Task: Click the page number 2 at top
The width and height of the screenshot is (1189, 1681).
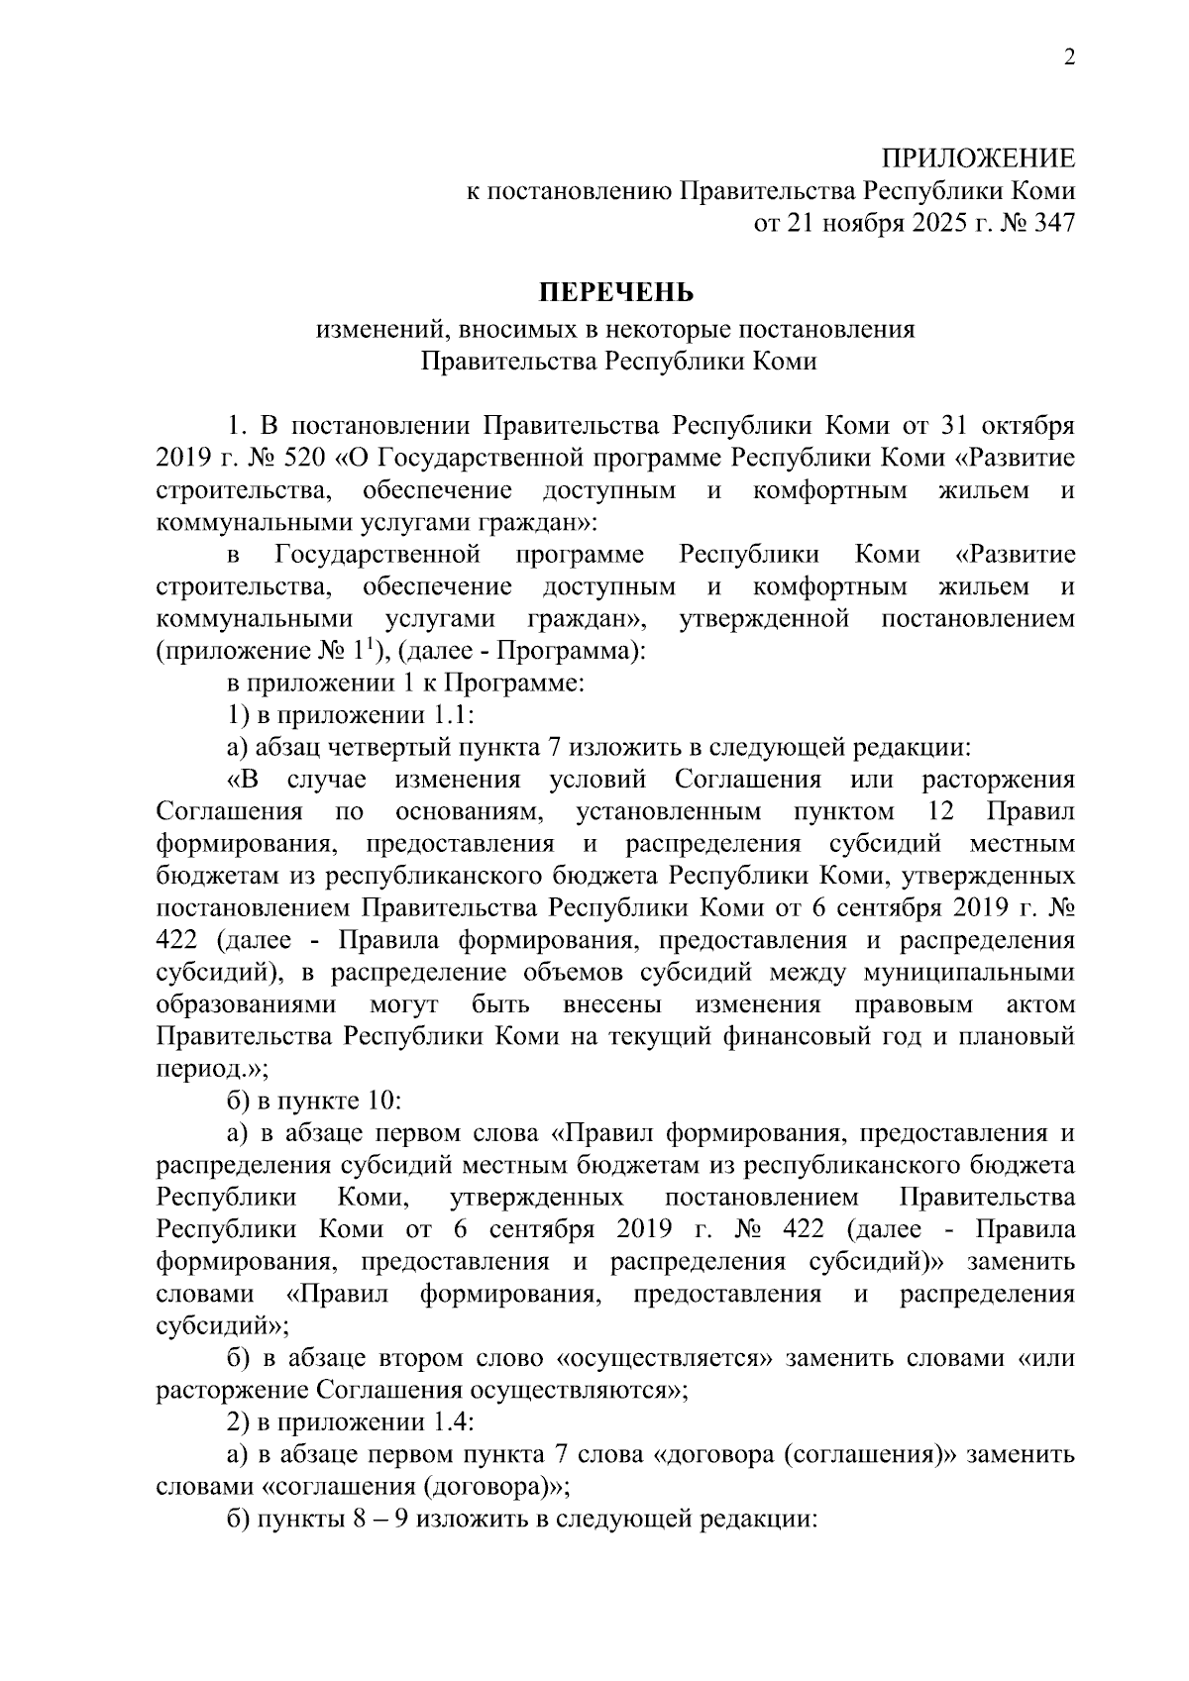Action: point(1068,57)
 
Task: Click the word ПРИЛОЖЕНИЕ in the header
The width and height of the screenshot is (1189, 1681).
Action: point(978,158)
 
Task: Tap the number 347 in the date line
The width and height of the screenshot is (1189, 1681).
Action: point(1052,224)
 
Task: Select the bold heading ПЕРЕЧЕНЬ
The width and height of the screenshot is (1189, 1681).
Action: point(616,293)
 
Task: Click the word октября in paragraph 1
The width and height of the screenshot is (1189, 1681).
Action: point(1027,426)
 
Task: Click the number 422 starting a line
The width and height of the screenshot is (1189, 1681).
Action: point(178,941)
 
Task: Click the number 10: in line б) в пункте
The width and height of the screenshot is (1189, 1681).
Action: point(380,1102)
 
